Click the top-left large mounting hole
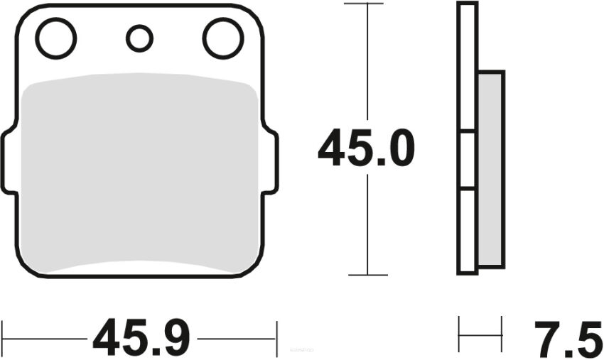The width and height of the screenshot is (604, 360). pos(56,38)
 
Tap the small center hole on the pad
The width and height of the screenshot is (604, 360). pos(139,38)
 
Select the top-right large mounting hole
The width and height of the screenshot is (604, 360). pos(222,38)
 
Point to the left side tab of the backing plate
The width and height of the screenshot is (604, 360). pos(9,161)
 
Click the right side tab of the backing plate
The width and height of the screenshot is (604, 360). pos(271,161)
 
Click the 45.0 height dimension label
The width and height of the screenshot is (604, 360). pos(366,150)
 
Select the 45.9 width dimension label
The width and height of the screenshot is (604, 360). pos(141,338)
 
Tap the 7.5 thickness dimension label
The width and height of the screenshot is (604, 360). pos(565,339)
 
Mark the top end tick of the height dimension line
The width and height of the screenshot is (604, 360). pos(367,4)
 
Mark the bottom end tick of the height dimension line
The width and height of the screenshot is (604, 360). pos(367,275)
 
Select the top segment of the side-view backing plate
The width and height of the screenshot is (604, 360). pos(467,67)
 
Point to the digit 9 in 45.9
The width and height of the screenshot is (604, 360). pos(174,338)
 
